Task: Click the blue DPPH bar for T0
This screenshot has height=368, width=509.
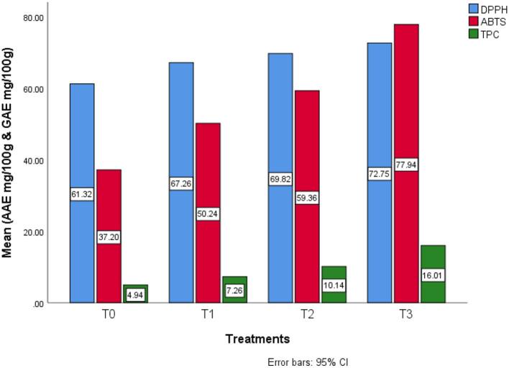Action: click(82, 144)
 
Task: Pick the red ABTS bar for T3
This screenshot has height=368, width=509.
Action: click(406, 108)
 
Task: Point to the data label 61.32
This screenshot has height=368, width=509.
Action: click(82, 195)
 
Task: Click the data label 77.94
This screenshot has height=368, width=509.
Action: click(406, 165)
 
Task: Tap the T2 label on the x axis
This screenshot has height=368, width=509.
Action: click(308, 314)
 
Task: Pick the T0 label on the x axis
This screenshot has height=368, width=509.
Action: click(109, 314)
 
